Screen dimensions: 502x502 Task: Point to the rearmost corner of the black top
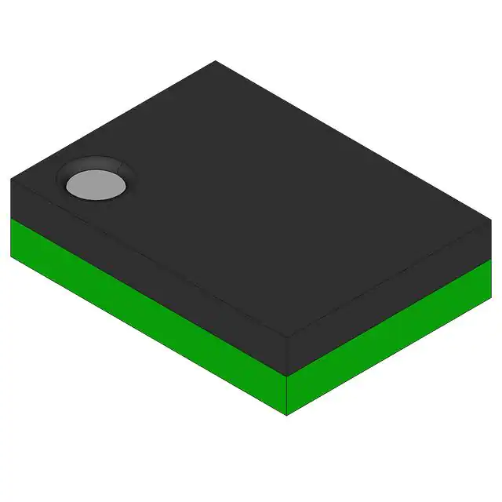tap(215, 61)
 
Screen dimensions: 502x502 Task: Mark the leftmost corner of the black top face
tap(11, 180)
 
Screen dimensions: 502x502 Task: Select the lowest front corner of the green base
tap(287, 415)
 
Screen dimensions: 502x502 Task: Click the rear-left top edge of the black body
tap(113, 120)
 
